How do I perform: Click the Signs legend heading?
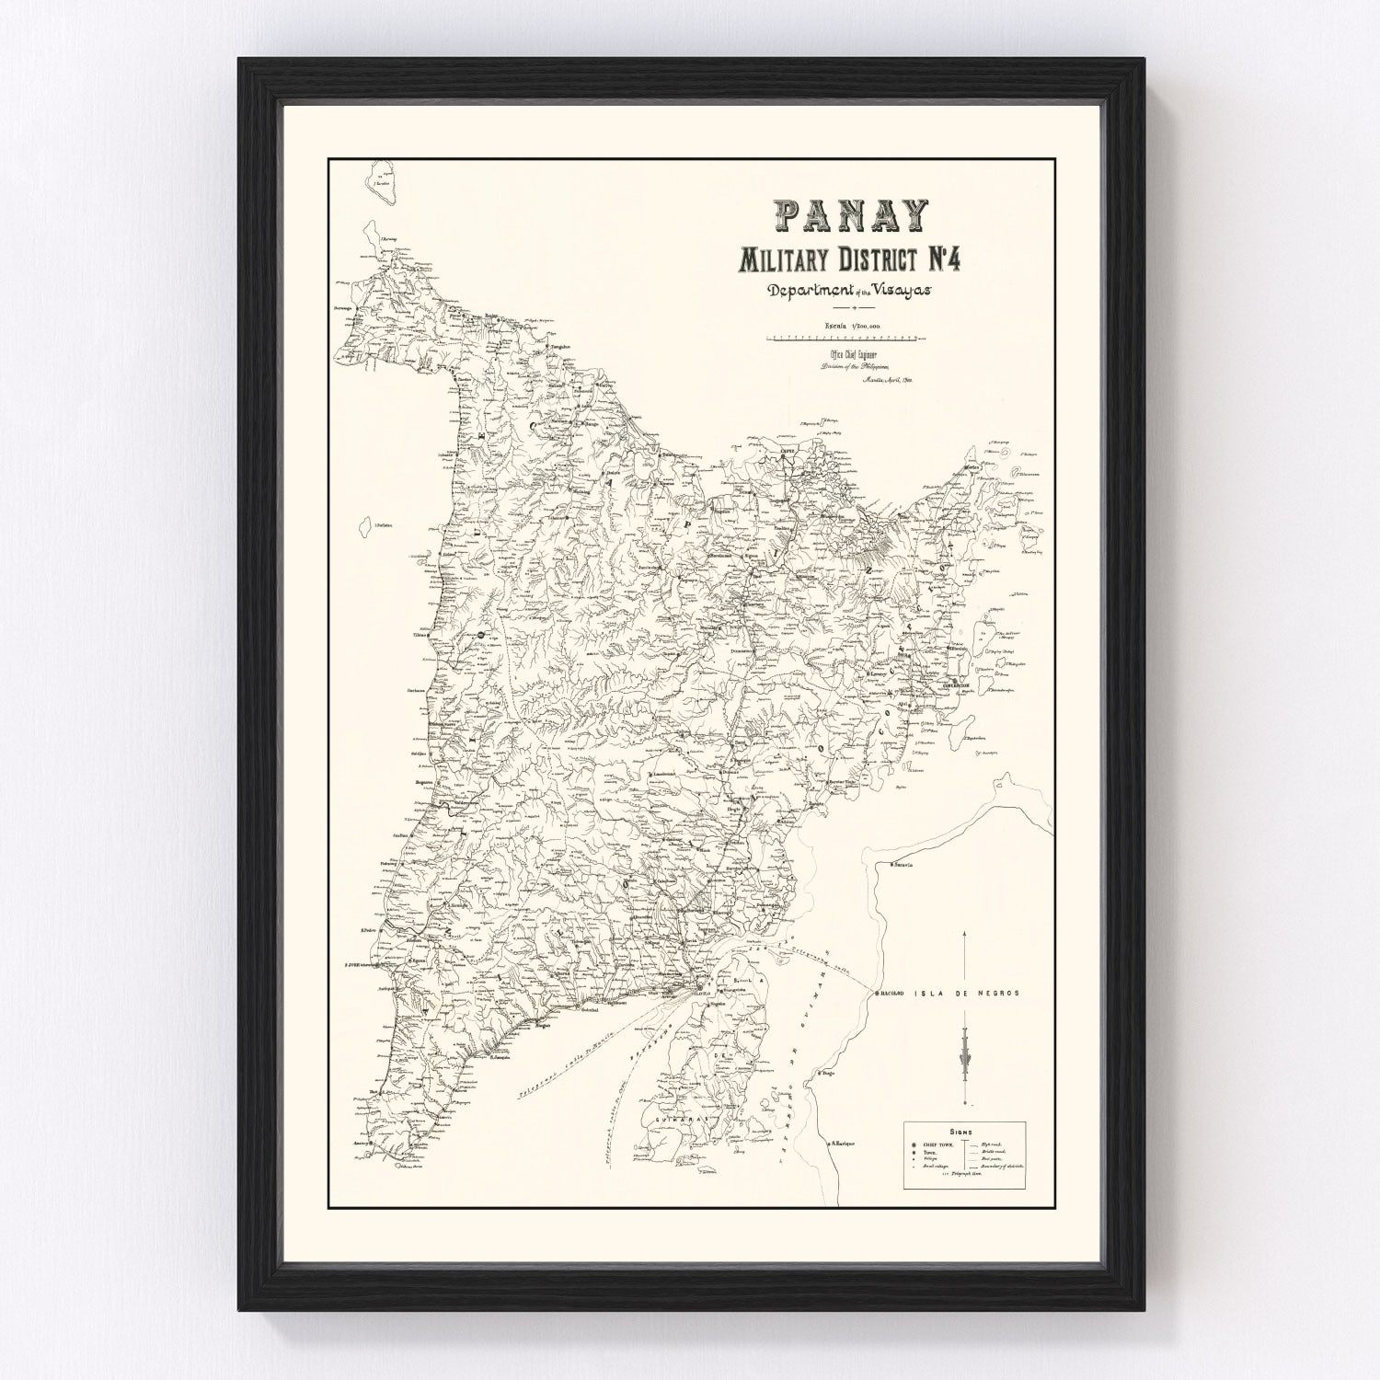click(969, 1135)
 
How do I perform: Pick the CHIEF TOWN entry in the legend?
click(939, 1146)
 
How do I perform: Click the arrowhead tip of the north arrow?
click(964, 932)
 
